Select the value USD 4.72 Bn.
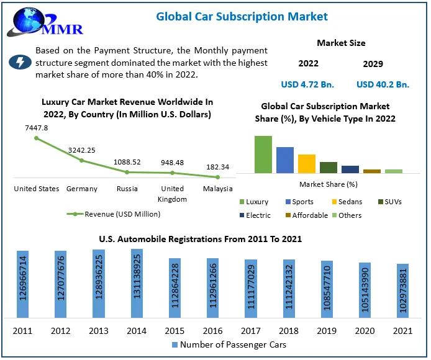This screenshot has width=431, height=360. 308,84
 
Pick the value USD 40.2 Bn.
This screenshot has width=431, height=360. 383,84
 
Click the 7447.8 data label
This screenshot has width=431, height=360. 36,128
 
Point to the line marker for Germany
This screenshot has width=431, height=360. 82,160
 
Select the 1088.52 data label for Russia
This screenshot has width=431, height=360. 127,161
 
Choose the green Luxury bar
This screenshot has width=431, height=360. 263,154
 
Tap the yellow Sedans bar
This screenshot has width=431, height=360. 307,163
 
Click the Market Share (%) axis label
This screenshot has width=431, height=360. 328,184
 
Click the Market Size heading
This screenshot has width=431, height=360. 341,43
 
